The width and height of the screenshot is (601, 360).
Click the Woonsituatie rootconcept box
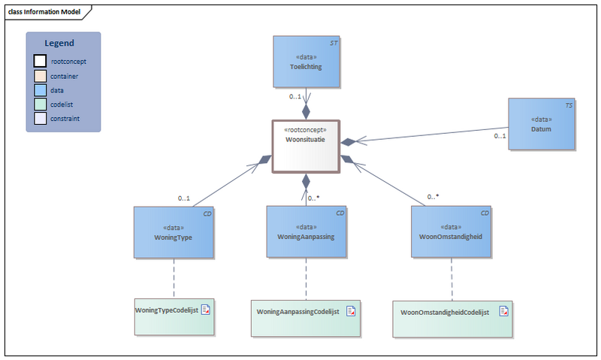click(305, 146)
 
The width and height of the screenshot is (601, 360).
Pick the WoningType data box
click(174, 232)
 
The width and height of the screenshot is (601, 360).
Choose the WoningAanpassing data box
click(307, 232)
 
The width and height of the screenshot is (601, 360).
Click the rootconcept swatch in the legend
click(40, 62)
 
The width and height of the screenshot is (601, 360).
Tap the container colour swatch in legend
click(40, 76)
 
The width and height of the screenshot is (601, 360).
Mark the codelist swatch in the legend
click(40, 104)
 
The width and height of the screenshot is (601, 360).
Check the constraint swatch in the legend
click(40, 119)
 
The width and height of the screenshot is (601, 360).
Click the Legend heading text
click(59, 44)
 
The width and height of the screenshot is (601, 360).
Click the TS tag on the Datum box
click(569, 106)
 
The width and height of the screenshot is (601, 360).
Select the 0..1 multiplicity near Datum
click(500, 136)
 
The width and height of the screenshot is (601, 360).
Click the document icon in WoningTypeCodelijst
click(205, 310)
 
